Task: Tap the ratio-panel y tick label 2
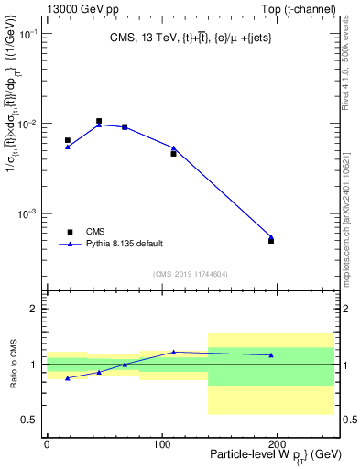pyautogui.click(x=34, y=309)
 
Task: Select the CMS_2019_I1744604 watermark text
pyautogui.click(x=191, y=273)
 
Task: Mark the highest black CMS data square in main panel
pyautogui.click(x=99, y=121)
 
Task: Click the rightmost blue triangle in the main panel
pyautogui.click(x=271, y=236)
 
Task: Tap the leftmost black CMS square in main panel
pyautogui.click(x=68, y=140)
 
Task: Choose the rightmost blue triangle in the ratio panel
pyautogui.click(x=271, y=355)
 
